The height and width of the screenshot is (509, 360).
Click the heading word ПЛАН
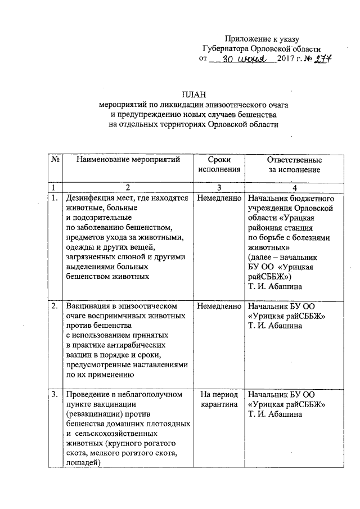pyautogui.click(x=191, y=94)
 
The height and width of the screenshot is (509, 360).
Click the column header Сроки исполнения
pyautogui.click(x=219, y=164)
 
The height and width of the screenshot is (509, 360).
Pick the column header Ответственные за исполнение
pyautogui.click(x=294, y=164)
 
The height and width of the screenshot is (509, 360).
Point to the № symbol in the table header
pyautogui.click(x=56, y=160)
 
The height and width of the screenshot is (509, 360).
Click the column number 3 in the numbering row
pyautogui.click(x=219, y=187)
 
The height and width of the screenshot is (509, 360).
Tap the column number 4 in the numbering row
pyautogui.click(x=294, y=187)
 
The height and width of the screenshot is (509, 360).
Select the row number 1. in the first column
pyautogui.click(x=55, y=199)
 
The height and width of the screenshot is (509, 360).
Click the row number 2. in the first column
pyautogui.click(x=55, y=307)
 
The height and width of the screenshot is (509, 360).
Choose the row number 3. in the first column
pyautogui.click(x=55, y=394)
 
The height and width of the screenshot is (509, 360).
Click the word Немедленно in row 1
pyautogui.click(x=219, y=199)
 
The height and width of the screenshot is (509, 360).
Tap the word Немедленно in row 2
pyautogui.click(x=219, y=307)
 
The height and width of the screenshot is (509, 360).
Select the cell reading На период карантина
pyautogui.click(x=219, y=399)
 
